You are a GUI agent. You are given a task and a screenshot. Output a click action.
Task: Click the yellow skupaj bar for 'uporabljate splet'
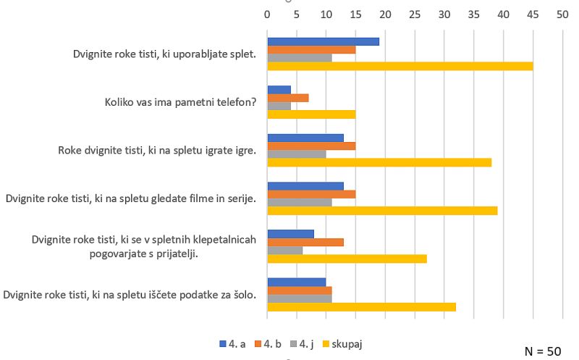pyautogui.click(x=400, y=67)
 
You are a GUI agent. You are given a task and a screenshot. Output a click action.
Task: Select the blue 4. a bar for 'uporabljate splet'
pyautogui.click(x=323, y=41)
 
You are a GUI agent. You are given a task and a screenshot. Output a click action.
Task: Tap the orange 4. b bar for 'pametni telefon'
pyautogui.click(x=288, y=98)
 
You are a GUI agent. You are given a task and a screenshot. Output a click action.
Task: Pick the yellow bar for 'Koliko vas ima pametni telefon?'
pyautogui.click(x=311, y=114)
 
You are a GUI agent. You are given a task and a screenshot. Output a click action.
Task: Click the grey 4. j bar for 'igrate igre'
pyautogui.click(x=297, y=154)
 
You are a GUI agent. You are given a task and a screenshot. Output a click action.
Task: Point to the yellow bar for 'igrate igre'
pyautogui.click(x=379, y=162)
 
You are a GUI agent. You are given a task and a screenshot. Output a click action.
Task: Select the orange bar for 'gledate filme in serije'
pyautogui.click(x=311, y=194)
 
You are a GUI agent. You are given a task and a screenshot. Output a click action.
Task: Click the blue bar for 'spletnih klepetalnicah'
pyautogui.click(x=291, y=234)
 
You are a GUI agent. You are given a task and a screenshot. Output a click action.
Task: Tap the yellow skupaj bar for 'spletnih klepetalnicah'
pyautogui.click(x=347, y=259)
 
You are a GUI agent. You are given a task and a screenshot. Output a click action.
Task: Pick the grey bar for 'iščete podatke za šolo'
pyautogui.click(x=300, y=298)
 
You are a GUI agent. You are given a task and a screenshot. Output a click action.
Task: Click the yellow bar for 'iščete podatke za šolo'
pyautogui.click(x=362, y=306)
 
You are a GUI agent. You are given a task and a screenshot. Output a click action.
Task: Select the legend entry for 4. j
pyautogui.click(x=302, y=344)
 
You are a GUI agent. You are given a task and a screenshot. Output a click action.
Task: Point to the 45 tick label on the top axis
pyautogui.click(x=533, y=14)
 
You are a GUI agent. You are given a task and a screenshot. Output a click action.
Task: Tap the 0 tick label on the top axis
pyautogui.click(x=267, y=14)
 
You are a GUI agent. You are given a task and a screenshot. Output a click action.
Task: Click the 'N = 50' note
pyautogui.click(x=542, y=351)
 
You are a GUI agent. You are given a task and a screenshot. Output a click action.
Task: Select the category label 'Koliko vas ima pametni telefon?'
pyautogui.click(x=180, y=102)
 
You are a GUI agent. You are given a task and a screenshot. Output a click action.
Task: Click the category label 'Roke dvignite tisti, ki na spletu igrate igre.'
pyautogui.click(x=157, y=151)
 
